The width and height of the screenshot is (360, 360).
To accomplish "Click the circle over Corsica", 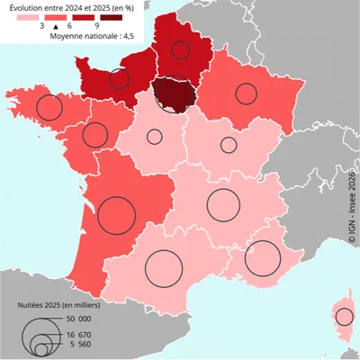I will point(344,316).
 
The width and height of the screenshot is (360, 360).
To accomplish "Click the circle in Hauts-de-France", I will point(181,50).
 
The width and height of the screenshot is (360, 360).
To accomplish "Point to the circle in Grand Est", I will point(246,92).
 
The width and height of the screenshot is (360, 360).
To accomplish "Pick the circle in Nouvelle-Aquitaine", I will point(116,215).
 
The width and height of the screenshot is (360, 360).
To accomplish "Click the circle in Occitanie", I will point(164,266).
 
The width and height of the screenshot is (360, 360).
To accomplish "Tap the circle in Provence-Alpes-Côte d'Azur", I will point(263,258).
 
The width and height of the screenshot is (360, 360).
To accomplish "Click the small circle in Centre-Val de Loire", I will point(155,137).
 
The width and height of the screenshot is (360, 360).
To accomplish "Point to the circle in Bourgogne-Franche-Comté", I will point(229,145).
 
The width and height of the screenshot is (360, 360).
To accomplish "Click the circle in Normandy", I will point(120,78).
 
